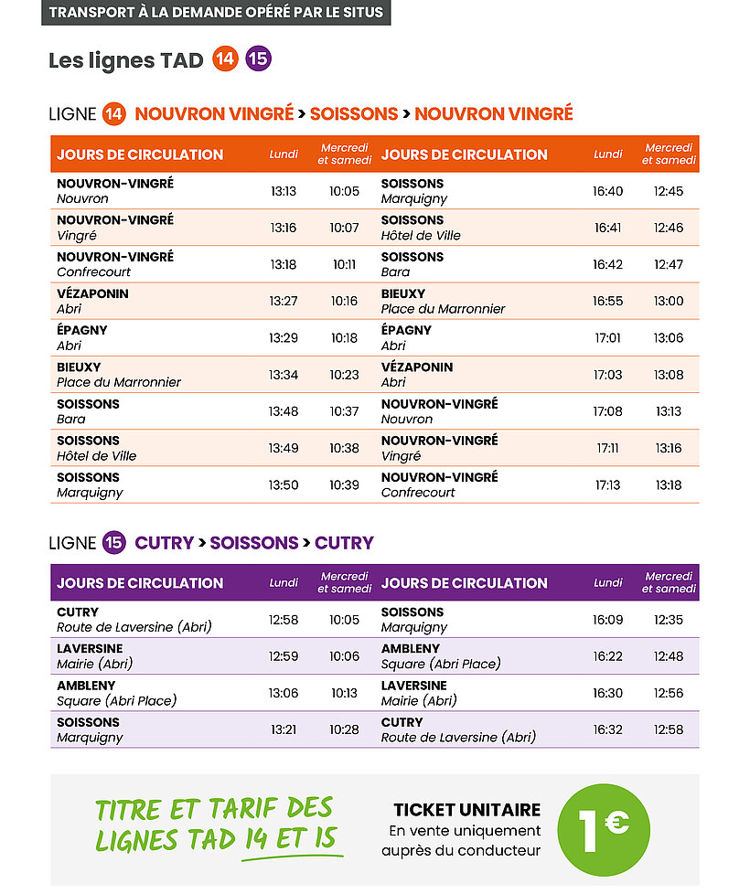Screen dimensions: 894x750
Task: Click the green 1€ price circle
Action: click(604, 829)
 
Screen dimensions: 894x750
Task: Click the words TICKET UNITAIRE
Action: click(466, 810)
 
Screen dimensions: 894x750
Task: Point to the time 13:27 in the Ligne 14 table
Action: click(283, 301)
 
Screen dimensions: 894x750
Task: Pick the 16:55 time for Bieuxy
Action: click(607, 301)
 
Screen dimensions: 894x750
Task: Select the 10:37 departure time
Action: click(344, 411)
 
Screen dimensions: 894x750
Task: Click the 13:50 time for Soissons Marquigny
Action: click(283, 484)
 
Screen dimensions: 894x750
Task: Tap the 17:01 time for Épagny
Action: click(607, 337)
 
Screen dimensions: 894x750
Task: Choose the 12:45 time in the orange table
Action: click(669, 191)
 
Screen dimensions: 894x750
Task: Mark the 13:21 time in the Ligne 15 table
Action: click(284, 729)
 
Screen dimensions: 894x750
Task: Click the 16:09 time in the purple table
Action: click(607, 620)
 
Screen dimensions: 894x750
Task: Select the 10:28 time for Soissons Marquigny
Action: click(344, 729)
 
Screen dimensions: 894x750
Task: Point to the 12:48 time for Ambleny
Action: click(669, 656)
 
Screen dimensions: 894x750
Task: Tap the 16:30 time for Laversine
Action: click(607, 693)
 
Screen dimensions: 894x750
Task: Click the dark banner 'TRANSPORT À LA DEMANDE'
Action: click(216, 13)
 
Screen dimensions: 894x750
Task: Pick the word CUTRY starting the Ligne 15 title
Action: click(164, 543)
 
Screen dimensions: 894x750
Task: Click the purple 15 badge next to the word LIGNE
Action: click(113, 543)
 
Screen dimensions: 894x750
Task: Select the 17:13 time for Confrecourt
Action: click(607, 484)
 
